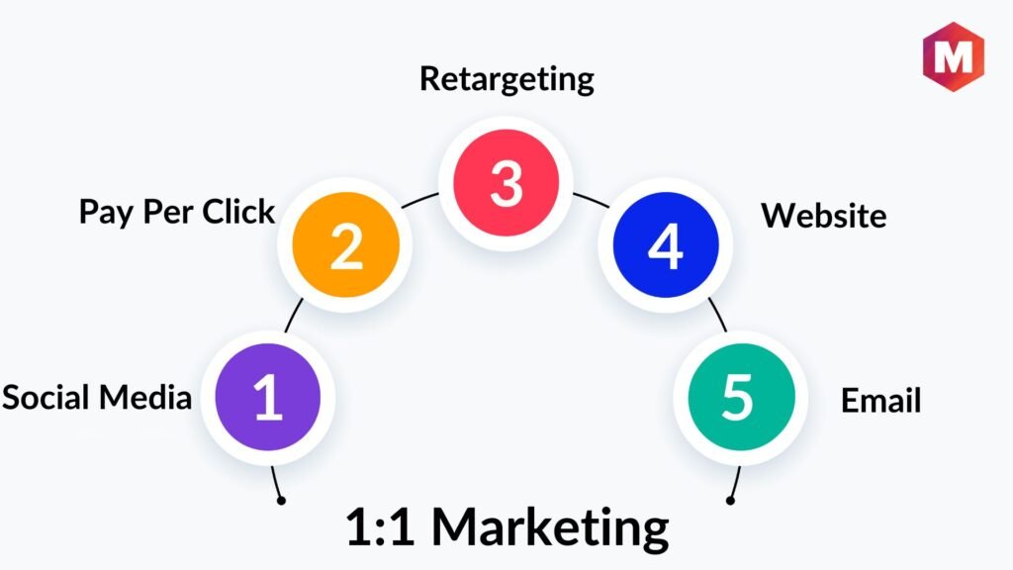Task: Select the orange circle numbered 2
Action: pyautogui.click(x=346, y=246)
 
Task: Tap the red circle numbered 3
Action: pyautogui.click(x=506, y=183)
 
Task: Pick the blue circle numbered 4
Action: pyautogui.click(x=665, y=246)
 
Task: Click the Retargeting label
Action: pyautogui.click(x=506, y=78)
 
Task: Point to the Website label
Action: pyautogui.click(x=823, y=215)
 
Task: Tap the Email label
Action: pyautogui.click(x=880, y=401)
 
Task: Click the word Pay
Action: pyautogui.click(x=103, y=212)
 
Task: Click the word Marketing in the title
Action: pyautogui.click(x=550, y=527)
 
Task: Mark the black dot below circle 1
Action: pyautogui.click(x=281, y=500)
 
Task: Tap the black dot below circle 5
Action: pyautogui.click(x=730, y=500)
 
